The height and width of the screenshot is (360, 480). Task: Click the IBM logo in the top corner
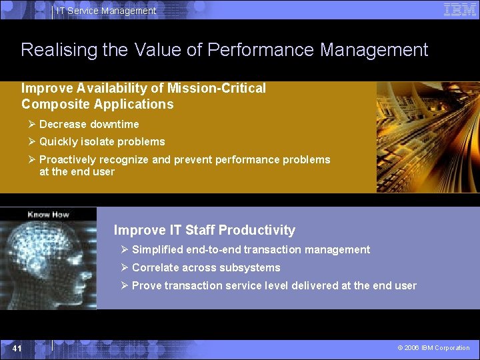(460, 9)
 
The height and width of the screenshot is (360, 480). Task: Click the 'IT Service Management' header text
(106, 11)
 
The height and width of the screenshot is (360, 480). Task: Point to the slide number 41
(17, 349)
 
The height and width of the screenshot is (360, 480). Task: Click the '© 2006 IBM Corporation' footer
(433, 348)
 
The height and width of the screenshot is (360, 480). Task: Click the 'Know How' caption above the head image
(48, 215)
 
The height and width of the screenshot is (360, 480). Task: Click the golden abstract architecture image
(427, 137)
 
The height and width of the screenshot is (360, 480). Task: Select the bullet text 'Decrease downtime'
(89, 124)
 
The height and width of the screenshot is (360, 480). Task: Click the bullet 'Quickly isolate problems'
(102, 141)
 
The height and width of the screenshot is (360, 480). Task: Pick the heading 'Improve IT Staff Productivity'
(204, 230)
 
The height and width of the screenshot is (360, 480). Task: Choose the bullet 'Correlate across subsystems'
(206, 267)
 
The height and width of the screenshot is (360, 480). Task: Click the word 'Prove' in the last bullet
(145, 285)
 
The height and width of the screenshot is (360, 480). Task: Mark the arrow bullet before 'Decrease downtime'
(31, 124)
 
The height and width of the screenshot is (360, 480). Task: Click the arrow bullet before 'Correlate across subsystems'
(125, 267)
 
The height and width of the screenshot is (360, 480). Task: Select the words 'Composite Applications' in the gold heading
(97, 104)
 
